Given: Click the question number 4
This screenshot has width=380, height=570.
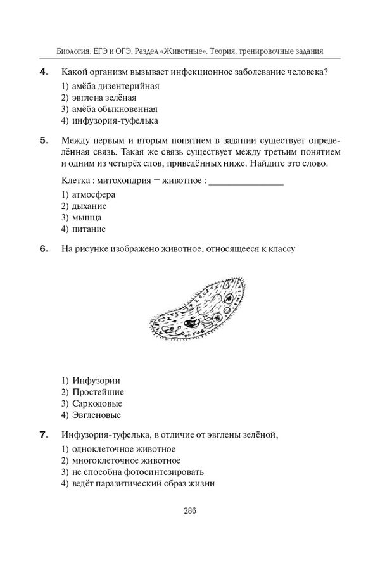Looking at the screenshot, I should click(x=44, y=72).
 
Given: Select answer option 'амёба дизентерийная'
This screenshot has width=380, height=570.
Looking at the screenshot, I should click(x=115, y=85).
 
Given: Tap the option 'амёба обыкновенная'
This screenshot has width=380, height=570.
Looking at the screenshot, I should click(x=115, y=109).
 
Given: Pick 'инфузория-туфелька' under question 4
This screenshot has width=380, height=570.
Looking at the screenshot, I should click(x=115, y=120).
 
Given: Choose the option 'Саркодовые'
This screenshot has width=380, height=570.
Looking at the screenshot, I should click(x=98, y=403).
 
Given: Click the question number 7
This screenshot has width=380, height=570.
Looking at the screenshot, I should click(x=44, y=434).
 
